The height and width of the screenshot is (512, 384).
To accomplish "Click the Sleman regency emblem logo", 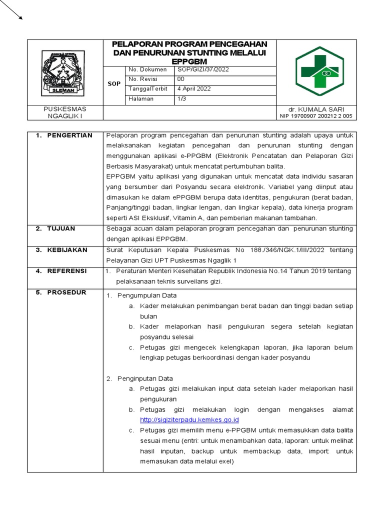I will click(x=65, y=72).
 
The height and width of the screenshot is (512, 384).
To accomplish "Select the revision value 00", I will click(x=181, y=79).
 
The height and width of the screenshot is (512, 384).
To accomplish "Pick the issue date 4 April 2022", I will click(x=194, y=88).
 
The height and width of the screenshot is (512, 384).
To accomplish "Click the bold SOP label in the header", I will click(x=114, y=84).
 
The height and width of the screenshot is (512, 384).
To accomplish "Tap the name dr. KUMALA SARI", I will click(x=316, y=109).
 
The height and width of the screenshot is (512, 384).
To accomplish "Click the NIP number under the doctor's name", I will click(x=316, y=116).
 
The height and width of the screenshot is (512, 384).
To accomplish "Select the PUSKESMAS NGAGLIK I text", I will click(x=65, y=112).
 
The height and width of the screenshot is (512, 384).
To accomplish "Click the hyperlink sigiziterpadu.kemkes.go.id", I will click(x=189, y=419).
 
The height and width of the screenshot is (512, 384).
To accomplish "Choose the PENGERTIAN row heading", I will click(x=64, y=135).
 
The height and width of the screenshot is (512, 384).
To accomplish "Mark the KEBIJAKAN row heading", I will click(x=62, y=249).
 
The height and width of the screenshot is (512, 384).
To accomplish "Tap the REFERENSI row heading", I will click(x=61, y=271).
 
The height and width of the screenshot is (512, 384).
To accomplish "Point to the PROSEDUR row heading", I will click(x=61, y=292).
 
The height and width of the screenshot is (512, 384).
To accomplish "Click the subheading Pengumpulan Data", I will click(x=146, y=295).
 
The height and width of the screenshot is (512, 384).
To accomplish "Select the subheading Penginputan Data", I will click(x=145, y=378).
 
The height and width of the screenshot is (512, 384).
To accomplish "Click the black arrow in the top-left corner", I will click(x=12, y=9).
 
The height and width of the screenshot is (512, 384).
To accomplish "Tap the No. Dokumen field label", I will click(x=143, y=69).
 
